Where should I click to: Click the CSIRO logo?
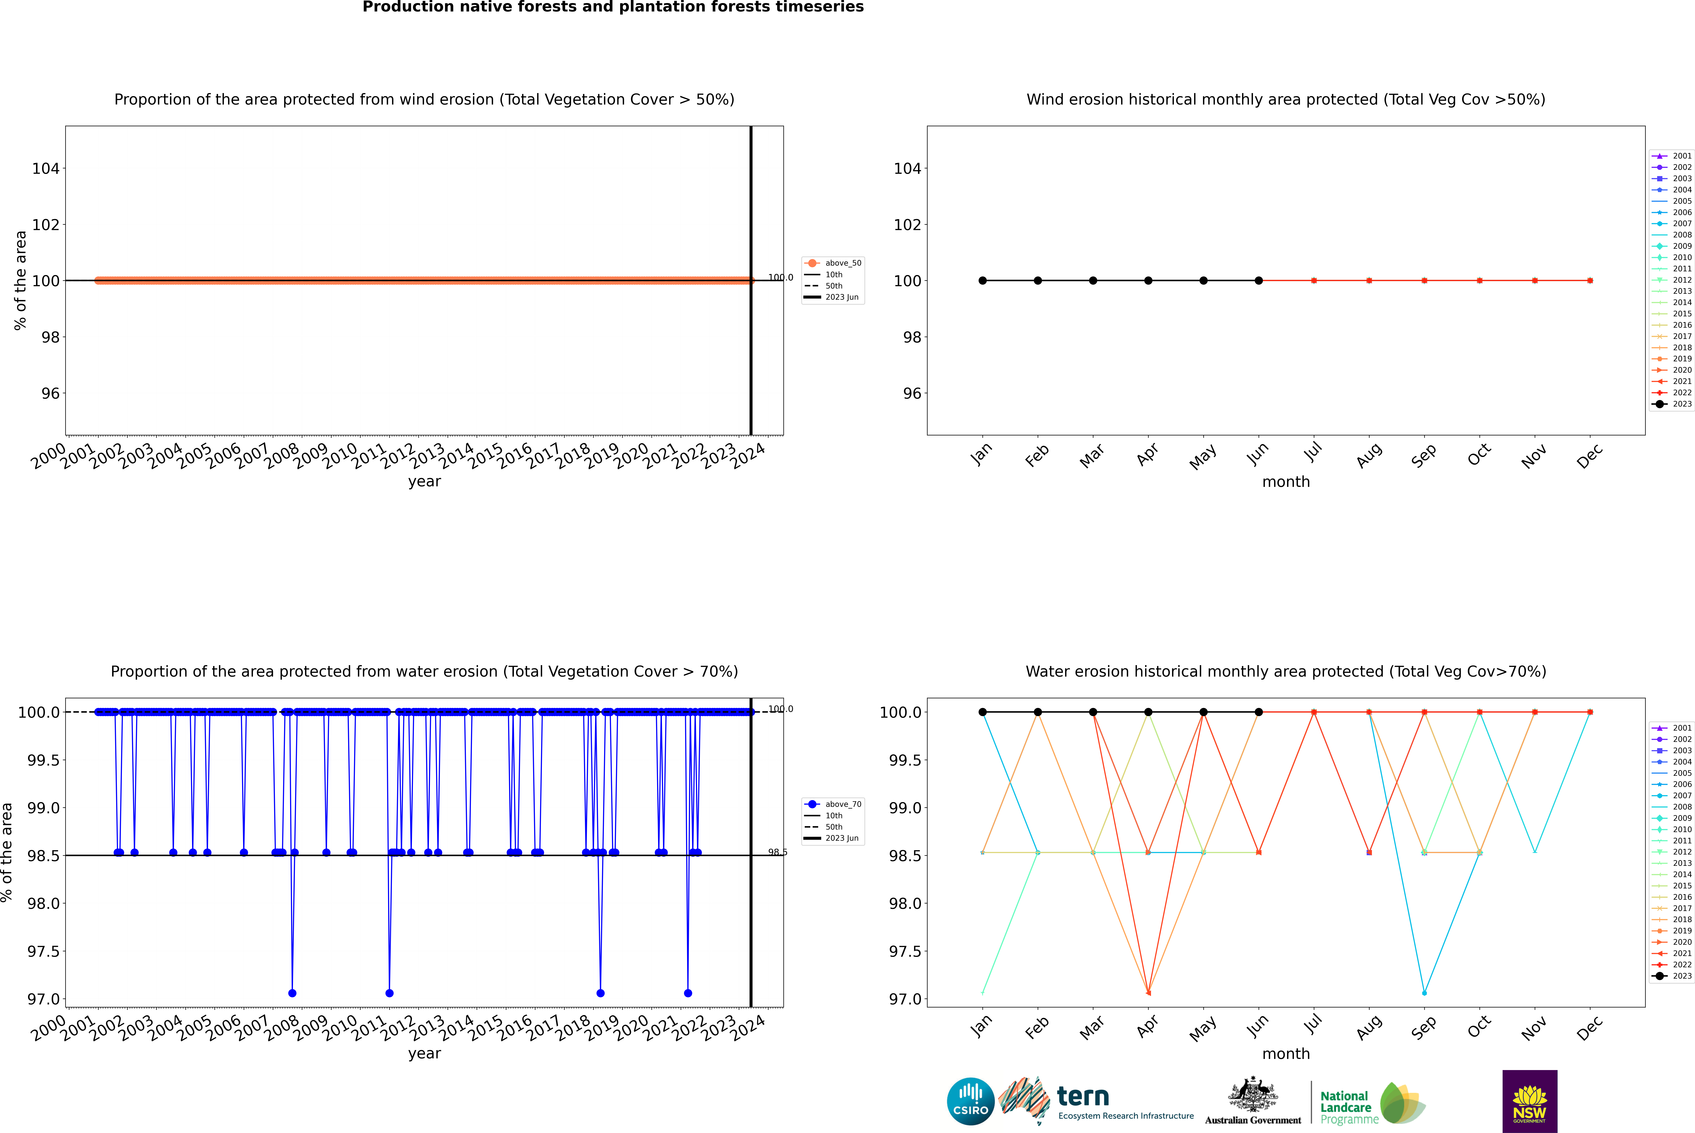click(x=970, y=1101)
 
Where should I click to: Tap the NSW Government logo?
click(x=1529, y=1101)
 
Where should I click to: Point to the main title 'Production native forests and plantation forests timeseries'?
click(x=613, y=7)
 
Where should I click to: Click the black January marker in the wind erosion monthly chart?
click(x=983, y=280)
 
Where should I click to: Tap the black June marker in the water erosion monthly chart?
click(x=1259, y=712)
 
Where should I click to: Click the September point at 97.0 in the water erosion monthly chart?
click(x=1424, y=993)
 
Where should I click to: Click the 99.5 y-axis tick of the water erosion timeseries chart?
click(x=43, y=760)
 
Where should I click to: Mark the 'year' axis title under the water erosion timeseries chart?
click(x=424, y=1054)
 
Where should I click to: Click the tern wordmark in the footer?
click(x=1082, y=1097)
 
